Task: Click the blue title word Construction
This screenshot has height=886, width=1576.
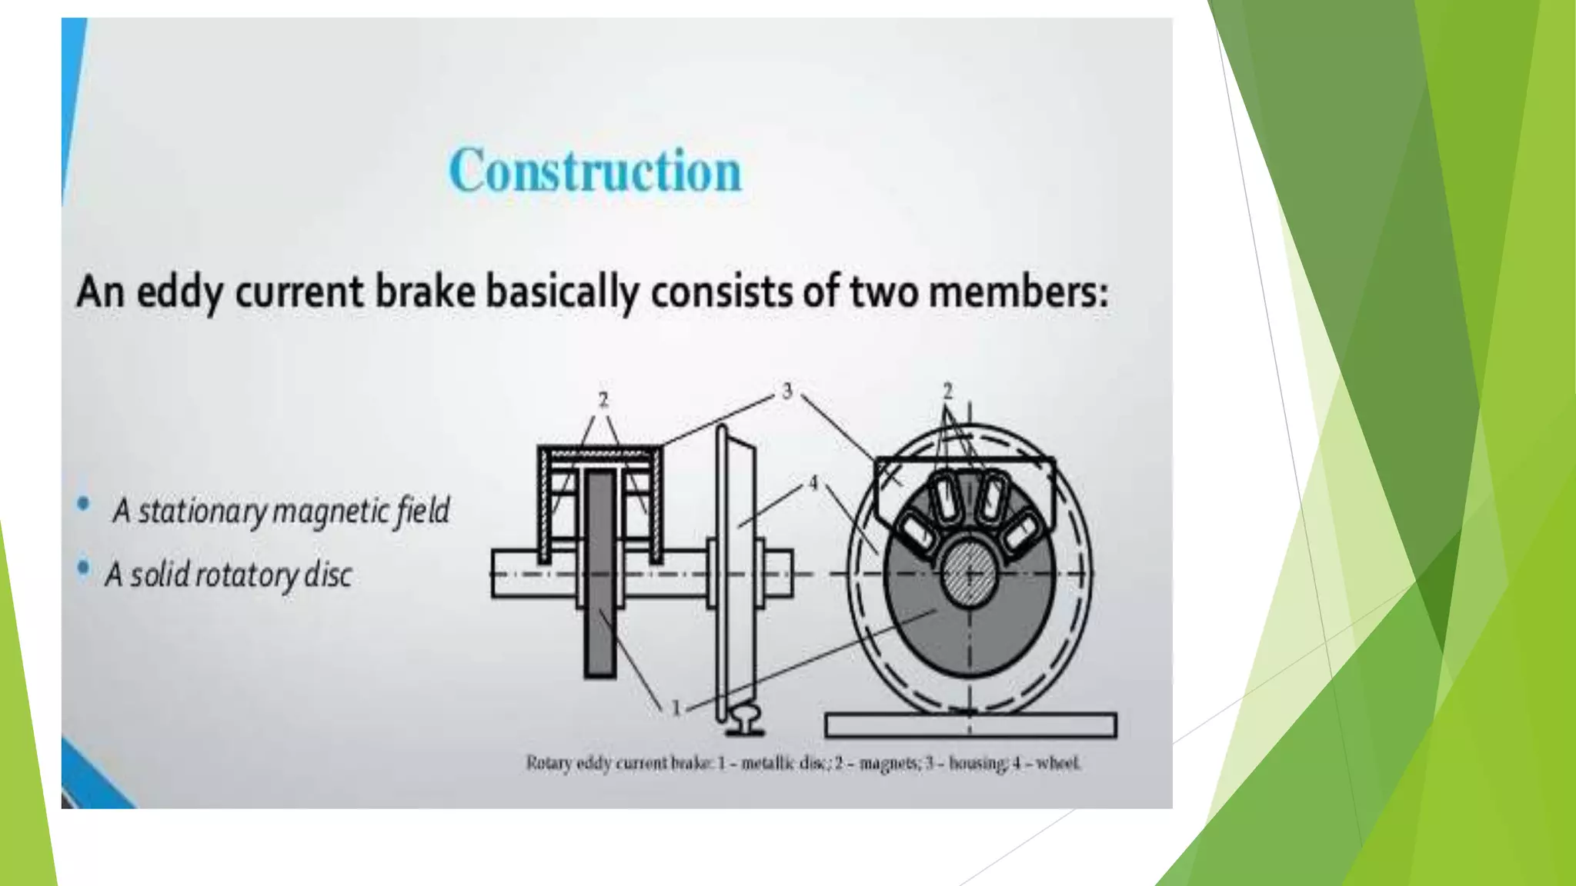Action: tap(595, 171)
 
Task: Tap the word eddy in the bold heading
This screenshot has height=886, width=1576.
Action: tap(179, 293)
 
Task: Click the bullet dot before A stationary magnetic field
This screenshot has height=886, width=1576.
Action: tap(83, 505)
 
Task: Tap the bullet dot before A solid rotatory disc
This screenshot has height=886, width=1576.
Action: tap(83, 568)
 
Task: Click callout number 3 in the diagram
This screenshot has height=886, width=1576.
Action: tap(786, 391)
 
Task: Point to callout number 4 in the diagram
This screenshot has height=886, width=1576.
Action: tap(813, 484)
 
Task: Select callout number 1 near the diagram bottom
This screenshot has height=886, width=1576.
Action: tap(676, 708)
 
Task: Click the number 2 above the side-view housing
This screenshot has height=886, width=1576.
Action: tap(603, 400)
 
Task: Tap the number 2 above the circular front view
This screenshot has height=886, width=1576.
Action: tap(947, 391)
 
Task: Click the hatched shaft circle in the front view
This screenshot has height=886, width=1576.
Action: tap(968, 573)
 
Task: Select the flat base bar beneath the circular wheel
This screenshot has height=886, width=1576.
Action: tap(970, 725)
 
